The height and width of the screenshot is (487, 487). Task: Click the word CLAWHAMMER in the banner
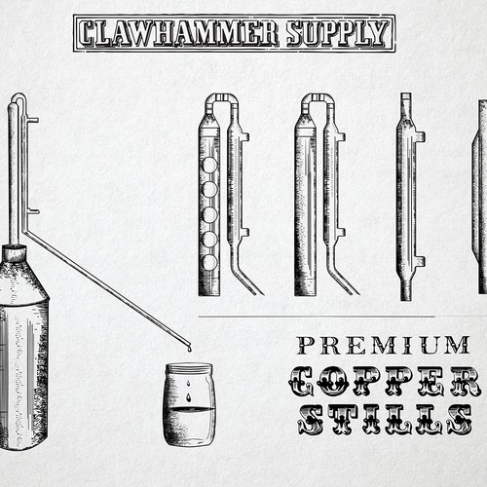178,33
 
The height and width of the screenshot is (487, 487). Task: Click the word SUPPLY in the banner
338,33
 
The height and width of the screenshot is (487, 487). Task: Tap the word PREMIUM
384,345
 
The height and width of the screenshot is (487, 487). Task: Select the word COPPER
385,381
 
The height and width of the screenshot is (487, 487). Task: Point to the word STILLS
385,420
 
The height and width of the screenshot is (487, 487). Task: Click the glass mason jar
189,404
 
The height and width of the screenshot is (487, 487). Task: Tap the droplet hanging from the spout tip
189,349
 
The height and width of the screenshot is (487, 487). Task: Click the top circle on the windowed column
208,166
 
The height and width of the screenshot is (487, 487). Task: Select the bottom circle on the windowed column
208,262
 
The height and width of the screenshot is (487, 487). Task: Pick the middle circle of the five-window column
208,214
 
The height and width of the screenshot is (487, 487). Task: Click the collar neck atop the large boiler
14,253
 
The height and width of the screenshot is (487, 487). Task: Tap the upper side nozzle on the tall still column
33,120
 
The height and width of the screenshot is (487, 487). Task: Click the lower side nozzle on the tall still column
33,211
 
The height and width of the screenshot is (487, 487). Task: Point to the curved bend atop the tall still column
19,96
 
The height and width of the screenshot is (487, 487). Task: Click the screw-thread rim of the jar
189,368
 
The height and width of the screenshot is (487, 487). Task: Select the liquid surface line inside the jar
189,408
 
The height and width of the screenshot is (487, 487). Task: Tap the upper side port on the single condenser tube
421,136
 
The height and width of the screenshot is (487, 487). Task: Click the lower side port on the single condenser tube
421,261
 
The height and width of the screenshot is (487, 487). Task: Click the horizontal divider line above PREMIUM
317,317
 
